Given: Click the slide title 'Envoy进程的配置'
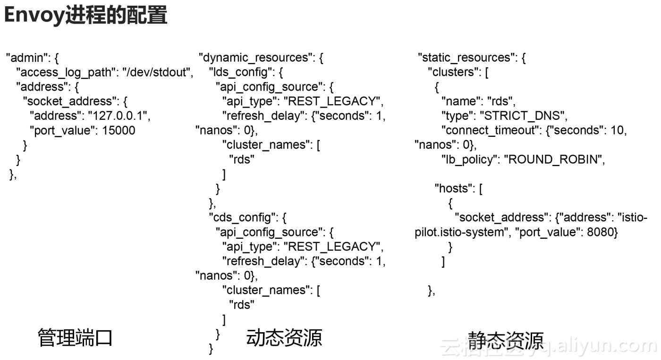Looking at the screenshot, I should [x=85, y=16].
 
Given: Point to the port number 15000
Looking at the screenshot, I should [x=119, y=131].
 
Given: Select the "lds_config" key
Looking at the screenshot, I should [x=240, y=72].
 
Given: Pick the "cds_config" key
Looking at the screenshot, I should [x=240, y=218].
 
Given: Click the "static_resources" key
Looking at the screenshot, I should [x=466, y=58].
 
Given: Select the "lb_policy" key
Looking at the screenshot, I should [x=467, y=160].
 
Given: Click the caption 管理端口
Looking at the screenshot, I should [x=75, y=338].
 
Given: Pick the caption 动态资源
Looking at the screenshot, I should [x=284, y=338].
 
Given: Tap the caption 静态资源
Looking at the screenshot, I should [x=506, y=340].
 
